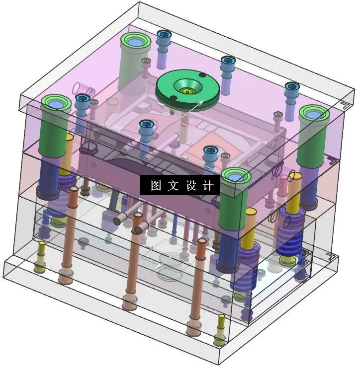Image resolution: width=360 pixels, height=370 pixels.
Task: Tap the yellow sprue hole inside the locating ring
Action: tap(186, 91)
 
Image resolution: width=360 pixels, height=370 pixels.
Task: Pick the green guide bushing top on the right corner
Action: tap(314, 114)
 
